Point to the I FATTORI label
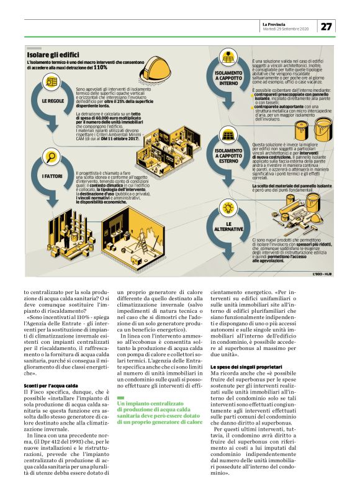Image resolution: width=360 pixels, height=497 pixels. click(52, 177)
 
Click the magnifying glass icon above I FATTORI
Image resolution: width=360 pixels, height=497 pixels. click(52, 157)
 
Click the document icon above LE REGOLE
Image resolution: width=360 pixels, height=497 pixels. click(52, 82)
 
